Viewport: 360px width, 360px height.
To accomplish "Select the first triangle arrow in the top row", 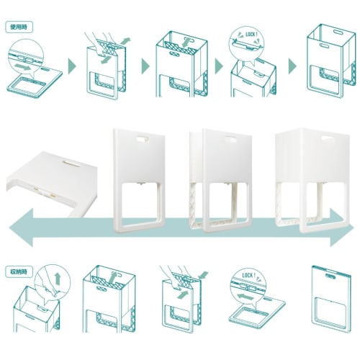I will click(71, 66).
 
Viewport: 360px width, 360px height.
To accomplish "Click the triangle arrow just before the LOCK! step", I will click(219, 66).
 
